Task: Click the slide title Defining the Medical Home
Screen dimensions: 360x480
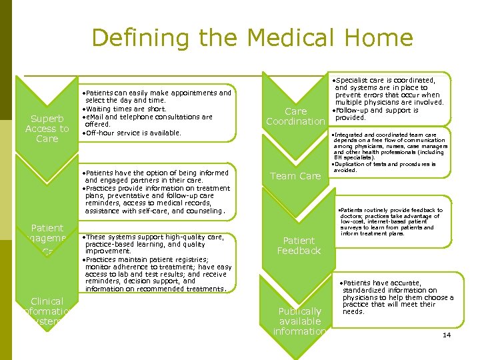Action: pyautogui.click(x=252, y=38)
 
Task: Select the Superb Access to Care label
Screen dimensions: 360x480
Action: pyautogui.click(x=47, y=129)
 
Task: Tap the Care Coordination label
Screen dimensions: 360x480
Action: pyautogui.click(x=295, y=116)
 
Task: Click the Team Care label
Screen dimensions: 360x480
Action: pyautogui.click(x=295, y=176)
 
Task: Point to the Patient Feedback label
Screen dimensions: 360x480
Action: pyautogui.click(x=299, y=245)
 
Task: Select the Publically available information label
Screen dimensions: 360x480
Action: pyautogui.click(x=299, y=321)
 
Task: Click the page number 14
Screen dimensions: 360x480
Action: pyautogui.click(x=447, y=335)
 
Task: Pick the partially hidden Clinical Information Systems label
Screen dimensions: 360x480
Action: pyautogui.click(x=47, y=311)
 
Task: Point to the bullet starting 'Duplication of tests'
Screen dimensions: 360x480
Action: pyautogui.click(x=387, y=167)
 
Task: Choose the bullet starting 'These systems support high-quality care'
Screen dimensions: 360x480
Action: pyautogui.click(x=155, y=244)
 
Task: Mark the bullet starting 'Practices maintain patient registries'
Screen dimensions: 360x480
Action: pyautogui.click(x=158, y=274)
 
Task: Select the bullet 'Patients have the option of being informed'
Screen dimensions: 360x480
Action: pyautogui.click(x=155, y=176)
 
